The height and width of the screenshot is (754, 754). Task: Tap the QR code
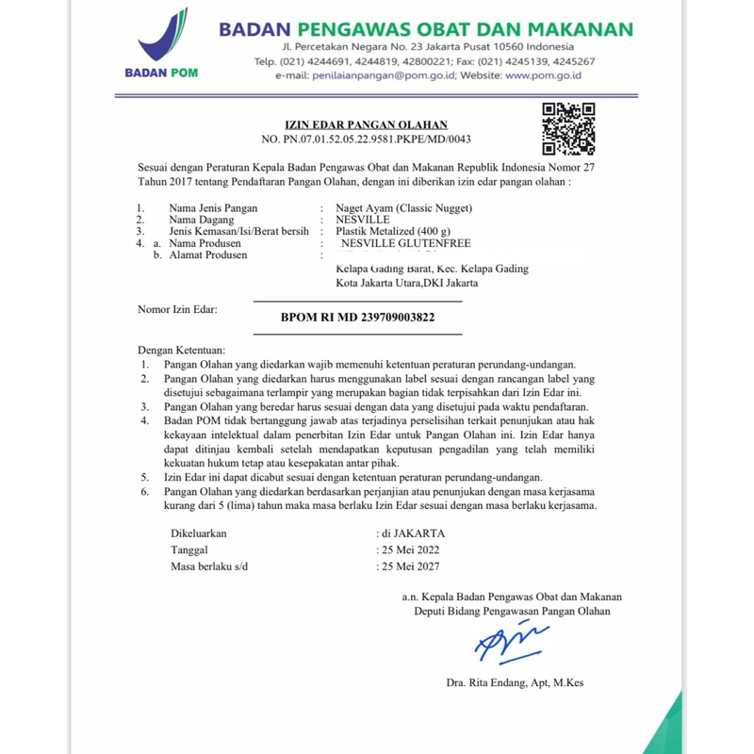tap(569, 128)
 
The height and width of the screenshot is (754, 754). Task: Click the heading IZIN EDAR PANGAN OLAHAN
tap(367, 124)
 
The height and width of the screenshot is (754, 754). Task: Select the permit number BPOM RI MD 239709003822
tap(358, 318)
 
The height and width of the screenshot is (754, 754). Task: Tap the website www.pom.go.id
tap(543, 75)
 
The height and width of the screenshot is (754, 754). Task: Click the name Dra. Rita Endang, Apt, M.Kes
tap(516, 683)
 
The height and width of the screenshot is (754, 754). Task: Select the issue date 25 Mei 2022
tap(410, 549)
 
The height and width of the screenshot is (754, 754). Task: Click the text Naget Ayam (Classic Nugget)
tap(403, 207)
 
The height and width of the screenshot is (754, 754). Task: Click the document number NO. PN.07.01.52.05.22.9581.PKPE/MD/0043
tap(366, 139)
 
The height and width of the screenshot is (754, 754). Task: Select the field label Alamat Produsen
tap(208, 254)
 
